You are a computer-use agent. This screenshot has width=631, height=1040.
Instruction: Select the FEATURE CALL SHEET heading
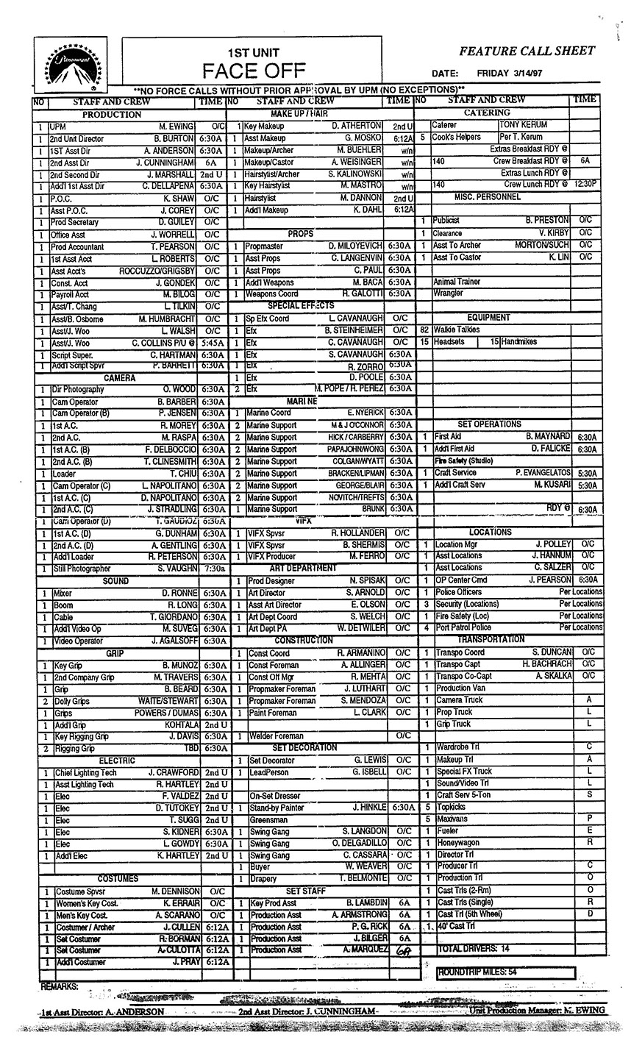click(527, 51)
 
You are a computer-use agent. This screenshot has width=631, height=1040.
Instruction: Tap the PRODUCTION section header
click(111, 115)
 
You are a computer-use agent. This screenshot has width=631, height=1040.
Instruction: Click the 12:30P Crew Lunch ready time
click(586, 184)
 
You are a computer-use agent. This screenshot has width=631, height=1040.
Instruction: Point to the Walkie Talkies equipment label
click(457, 330)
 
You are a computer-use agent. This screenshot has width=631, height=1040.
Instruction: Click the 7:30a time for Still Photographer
click(212, 569)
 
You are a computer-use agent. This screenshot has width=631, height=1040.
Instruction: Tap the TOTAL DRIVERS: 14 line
click(473, 950)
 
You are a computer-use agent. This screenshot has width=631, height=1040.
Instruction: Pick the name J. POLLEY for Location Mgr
click(552, 544)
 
